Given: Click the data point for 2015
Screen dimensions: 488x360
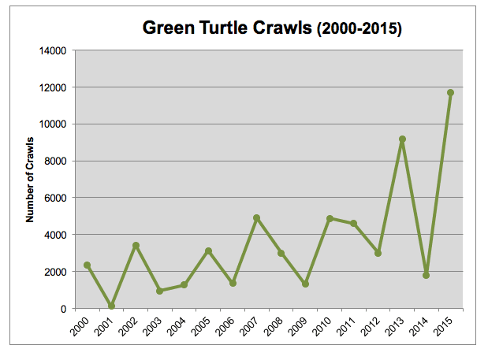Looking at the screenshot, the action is click(450, 93).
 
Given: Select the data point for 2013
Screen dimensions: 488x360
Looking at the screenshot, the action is click(402, 139).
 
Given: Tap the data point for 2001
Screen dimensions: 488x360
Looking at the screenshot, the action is click(111, 306).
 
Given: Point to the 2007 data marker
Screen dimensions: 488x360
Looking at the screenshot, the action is click(257, 218).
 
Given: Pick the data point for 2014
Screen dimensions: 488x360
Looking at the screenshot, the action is click(426, 275).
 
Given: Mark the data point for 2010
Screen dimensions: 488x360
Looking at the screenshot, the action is click(330, 218).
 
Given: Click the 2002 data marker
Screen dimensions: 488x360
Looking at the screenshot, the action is click(136, 246).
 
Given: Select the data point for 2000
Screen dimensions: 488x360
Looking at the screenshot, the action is click(88, 265).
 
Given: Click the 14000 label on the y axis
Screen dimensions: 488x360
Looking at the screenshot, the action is click(53, 50).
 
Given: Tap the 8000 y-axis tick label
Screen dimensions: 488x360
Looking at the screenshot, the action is click(55, 161).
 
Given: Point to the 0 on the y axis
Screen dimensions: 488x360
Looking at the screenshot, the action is click(64, 309).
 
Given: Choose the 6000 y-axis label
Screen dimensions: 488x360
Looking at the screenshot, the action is click(55, 198).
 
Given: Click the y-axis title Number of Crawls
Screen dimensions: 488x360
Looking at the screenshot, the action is click(30, 180).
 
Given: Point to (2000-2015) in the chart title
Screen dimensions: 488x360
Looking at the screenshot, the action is click(359, 29).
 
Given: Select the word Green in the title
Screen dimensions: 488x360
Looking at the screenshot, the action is click(169, 28).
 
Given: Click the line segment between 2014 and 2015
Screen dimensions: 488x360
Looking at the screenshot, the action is click(438, 184).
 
